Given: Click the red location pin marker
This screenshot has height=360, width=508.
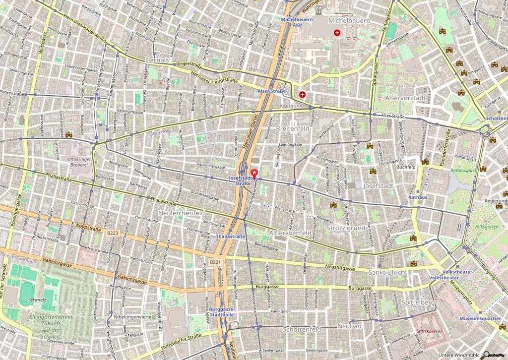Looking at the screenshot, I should [x=255, y=174].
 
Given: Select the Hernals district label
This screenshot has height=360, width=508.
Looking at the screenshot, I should [x=157, y=60].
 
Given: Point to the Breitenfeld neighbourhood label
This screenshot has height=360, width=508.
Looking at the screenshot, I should [x=293, y=128].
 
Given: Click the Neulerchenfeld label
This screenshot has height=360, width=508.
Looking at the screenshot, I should [x=182, y=213].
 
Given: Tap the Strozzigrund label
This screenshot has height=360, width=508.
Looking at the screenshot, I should [x=346, y=228].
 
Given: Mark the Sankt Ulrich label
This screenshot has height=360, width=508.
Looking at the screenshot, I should [x=387, y=272].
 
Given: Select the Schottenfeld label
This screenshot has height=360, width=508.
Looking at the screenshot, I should [x=302, y=329].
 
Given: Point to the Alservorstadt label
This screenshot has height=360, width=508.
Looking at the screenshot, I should [x=405, y=98].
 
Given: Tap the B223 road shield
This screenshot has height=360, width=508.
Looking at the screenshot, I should [x=112, y=233].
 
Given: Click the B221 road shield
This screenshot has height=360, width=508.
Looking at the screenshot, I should [x=215, y=262].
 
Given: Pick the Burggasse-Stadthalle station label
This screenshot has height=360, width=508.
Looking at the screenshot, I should [x=221, y=311].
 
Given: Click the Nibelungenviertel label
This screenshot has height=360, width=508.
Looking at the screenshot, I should [x=132, y=316].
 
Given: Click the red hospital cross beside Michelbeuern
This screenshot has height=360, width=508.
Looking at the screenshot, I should [x=337, y=33].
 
